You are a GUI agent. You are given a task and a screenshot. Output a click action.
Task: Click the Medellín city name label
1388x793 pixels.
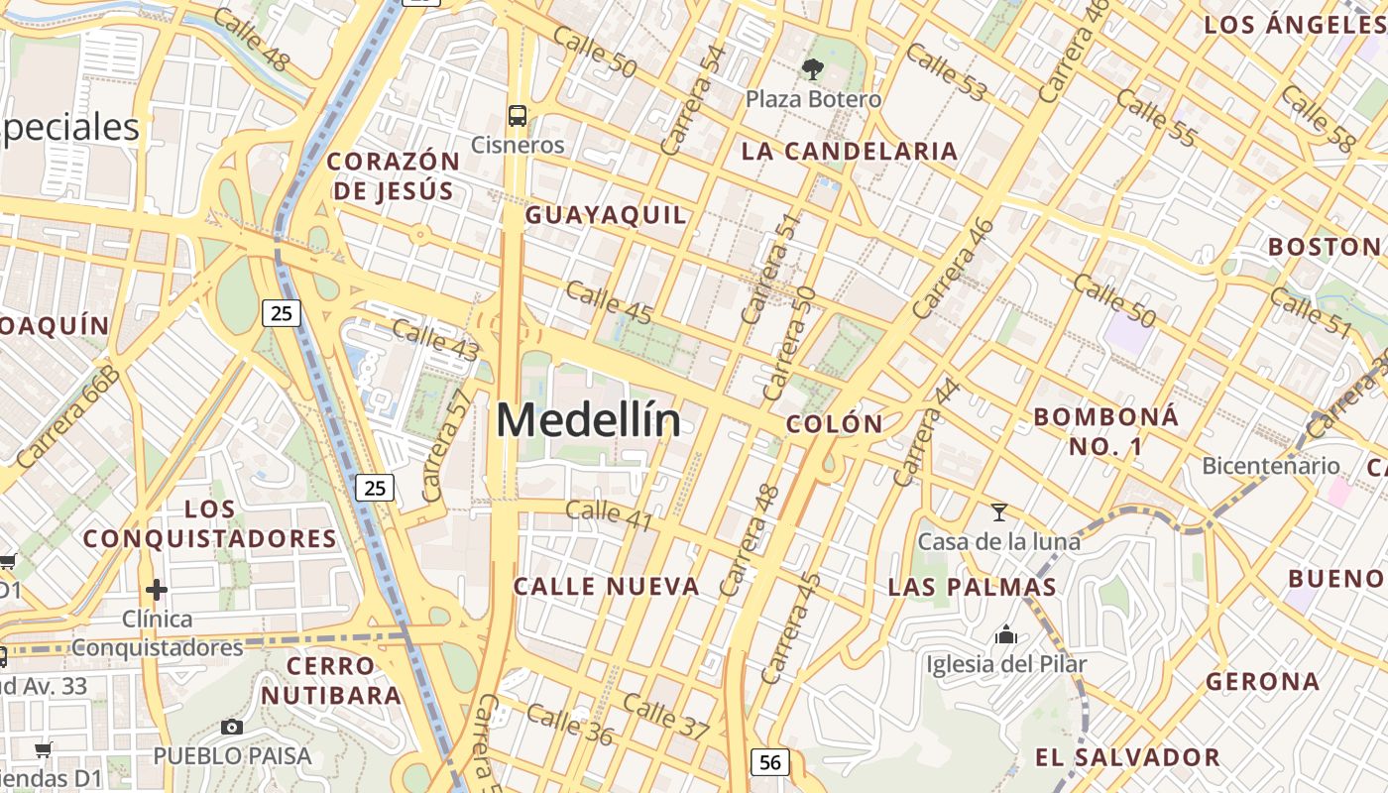(589, 420)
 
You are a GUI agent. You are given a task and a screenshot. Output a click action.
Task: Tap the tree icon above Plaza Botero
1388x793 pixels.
(813, 68)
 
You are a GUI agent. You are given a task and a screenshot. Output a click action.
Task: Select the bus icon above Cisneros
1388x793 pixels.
(518, 115)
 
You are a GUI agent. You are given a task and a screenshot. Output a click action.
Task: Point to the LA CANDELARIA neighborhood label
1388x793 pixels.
(850, 152)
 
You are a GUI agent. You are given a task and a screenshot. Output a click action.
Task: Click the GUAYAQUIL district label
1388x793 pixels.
(605, 215)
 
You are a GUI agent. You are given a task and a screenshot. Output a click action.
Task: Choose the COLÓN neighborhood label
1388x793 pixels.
(834, 424)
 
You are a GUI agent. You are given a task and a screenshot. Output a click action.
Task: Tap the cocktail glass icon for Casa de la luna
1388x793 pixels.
(999, 512)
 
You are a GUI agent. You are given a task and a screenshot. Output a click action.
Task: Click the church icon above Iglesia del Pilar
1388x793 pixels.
(1006, 634)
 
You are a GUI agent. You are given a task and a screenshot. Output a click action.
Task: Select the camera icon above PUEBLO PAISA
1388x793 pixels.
(232, 727)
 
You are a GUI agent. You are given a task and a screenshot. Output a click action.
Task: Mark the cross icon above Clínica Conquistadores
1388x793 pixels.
(157, 590)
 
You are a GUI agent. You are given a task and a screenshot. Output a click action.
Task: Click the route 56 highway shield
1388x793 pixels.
(770, 761)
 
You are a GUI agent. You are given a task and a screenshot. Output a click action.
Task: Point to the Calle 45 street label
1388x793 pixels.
(609, 302)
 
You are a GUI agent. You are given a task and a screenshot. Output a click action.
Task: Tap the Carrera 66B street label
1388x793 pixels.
(66, 417)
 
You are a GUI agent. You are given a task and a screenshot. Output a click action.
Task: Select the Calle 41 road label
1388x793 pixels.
(609, 512)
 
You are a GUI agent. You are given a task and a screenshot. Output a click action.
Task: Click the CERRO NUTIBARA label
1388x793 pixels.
(331, 680)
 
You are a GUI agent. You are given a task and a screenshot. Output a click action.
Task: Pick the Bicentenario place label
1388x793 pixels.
(1270, 466)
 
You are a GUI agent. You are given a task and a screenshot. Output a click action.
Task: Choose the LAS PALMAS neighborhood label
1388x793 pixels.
(972, 587)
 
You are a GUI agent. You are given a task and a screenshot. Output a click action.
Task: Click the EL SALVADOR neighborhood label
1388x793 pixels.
(1127, 758)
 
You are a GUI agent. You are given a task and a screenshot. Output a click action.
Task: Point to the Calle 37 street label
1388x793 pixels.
(666, 716)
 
